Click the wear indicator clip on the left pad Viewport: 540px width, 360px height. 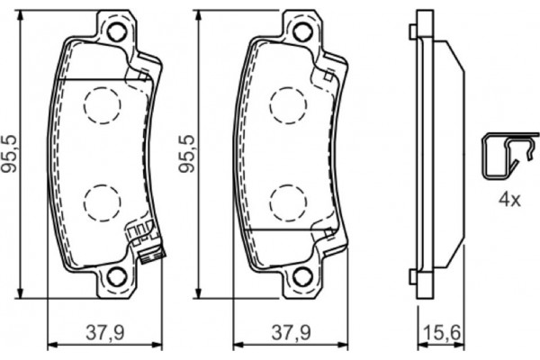pyautogui.click(x=144, y=243)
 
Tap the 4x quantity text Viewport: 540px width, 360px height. pyautogui.click(x=510, y=199)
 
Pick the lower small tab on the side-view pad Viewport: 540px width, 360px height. pyautogui.click(x=413, y=270)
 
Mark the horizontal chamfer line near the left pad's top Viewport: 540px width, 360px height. pyautogui.click(x=99, y=80)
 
